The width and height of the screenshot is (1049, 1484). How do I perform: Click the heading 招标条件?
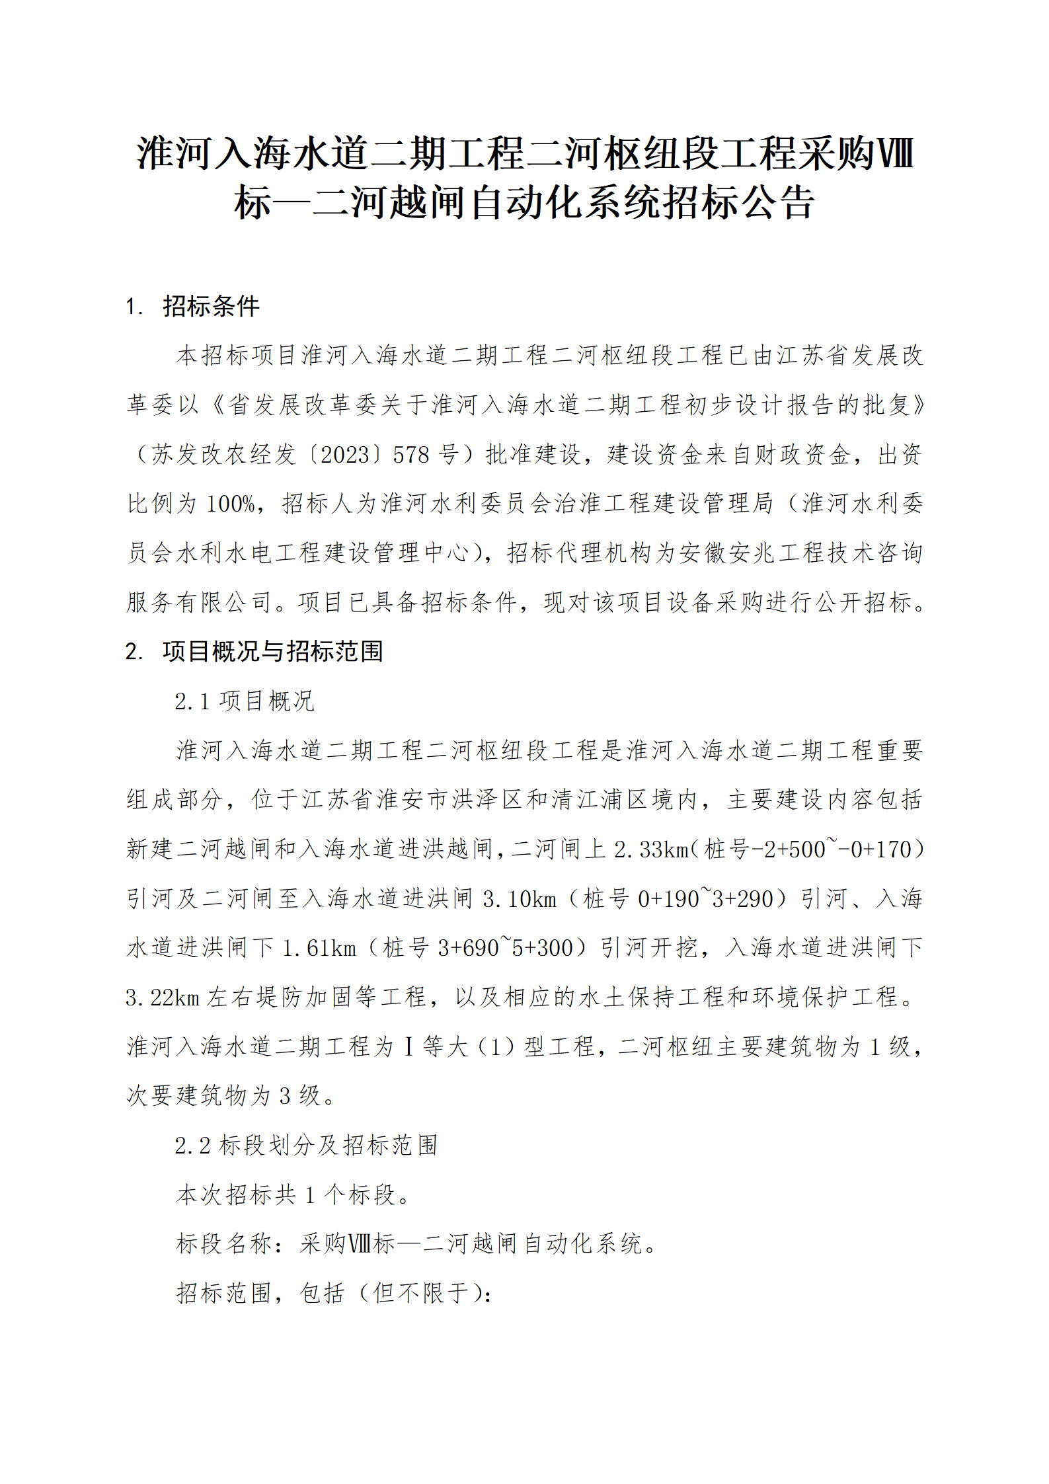coord(211,306)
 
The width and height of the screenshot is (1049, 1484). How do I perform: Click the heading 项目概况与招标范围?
coord(272,651)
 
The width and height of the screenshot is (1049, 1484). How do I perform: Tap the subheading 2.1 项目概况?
coord(244,701)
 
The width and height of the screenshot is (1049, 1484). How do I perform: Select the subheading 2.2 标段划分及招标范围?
coord(306,1145)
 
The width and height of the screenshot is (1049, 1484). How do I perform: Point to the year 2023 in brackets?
coord(344,455)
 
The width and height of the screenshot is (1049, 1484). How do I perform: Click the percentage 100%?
coord(231,504)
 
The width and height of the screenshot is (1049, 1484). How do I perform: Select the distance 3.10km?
coord(520,899)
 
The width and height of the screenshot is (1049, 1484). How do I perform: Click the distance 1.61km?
coord(319,948)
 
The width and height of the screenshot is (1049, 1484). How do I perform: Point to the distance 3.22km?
coord(163,997)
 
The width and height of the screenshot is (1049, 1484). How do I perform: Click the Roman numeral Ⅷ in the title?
coord(895,153)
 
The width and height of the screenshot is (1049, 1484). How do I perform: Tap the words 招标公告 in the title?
coord(738,202)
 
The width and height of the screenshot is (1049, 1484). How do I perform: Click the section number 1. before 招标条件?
coord(134,307)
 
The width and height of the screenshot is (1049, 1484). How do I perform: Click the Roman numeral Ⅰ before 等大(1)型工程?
coord(408,1046)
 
